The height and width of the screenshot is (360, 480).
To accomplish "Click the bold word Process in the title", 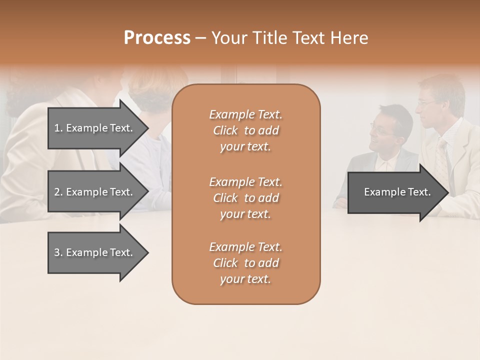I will click(157, 38).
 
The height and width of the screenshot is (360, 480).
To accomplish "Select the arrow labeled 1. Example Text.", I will click(95, 128).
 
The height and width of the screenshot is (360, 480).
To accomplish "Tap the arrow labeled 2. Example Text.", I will click(95, 192).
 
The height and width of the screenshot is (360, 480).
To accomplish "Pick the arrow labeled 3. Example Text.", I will click(95, 252).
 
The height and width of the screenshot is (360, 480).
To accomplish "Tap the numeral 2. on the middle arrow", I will click(58, 192).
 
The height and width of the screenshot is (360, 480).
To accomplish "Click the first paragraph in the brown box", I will click(245, 130).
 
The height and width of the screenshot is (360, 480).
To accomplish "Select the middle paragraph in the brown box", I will click(245, 198).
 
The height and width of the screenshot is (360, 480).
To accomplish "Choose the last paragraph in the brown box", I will click(245, 263).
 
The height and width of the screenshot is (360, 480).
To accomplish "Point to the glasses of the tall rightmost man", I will click(426, 102).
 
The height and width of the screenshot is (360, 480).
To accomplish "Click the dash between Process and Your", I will click(201, 38).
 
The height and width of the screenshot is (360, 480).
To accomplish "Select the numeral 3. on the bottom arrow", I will click(58, 252).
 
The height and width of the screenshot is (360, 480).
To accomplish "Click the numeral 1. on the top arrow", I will click(58, 128).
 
